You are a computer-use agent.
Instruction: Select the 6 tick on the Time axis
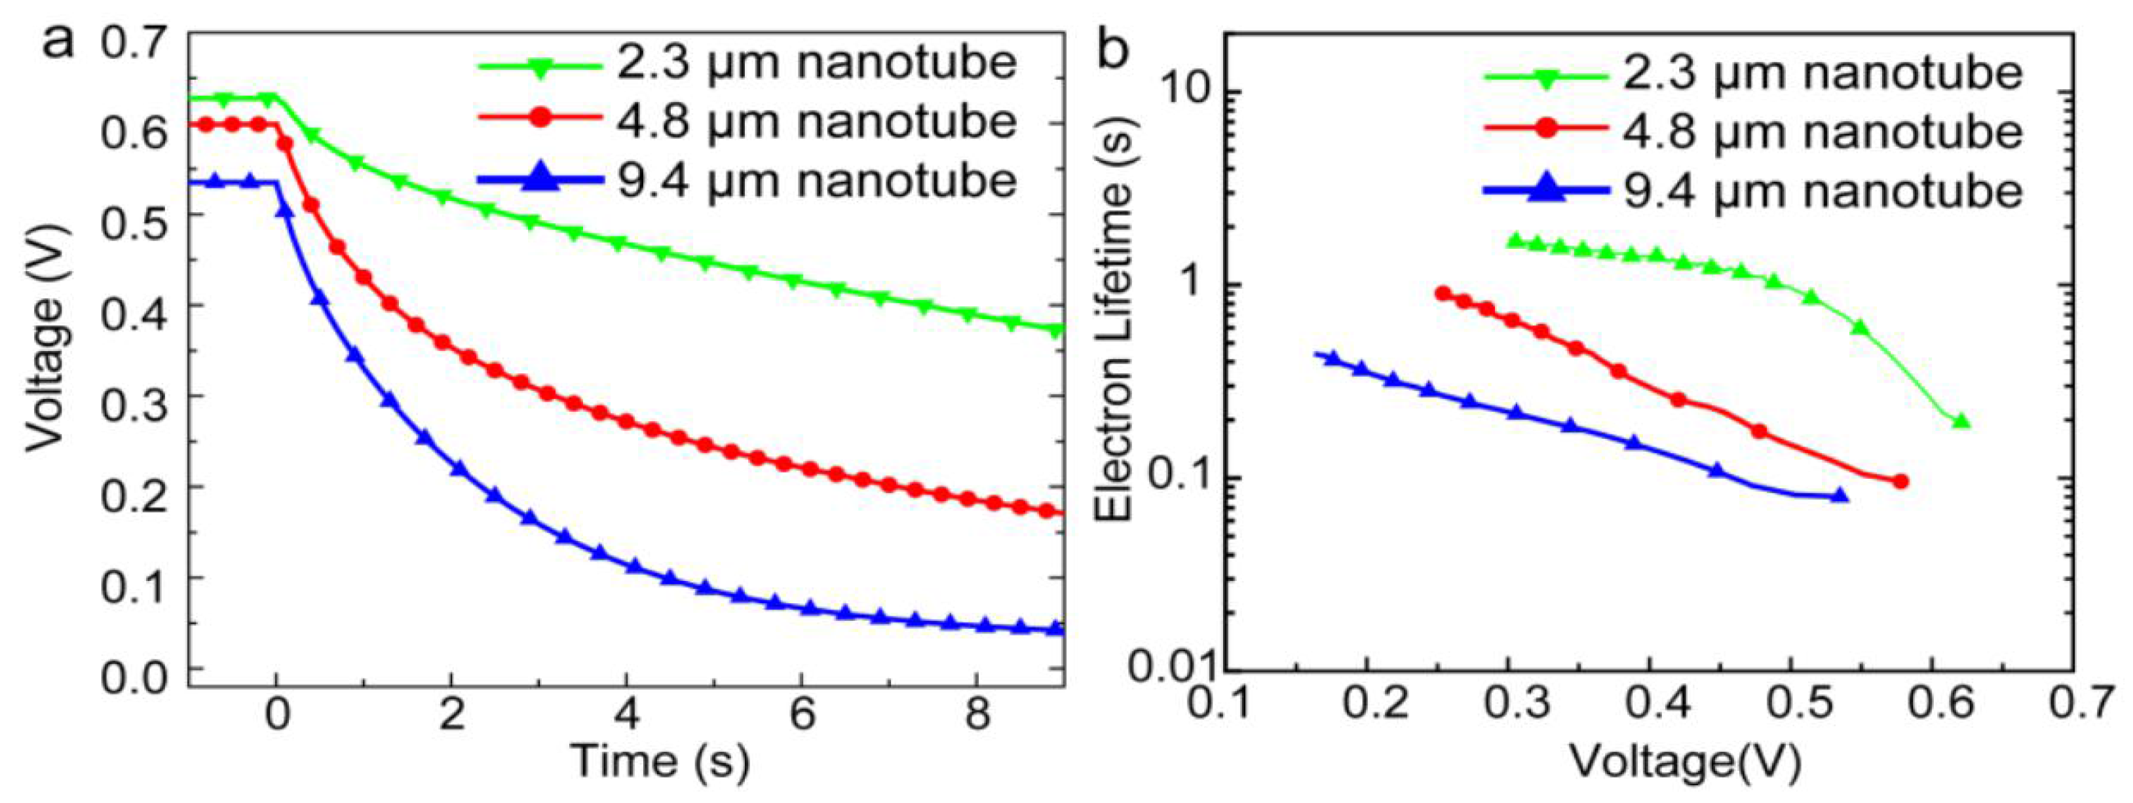point(802,713)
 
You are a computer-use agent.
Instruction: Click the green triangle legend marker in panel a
point(540,69)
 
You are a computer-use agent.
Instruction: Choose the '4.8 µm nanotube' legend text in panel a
point(816,122)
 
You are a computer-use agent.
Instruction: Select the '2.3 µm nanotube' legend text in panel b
point(1822,73)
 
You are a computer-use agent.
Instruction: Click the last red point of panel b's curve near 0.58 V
point(1901,481)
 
